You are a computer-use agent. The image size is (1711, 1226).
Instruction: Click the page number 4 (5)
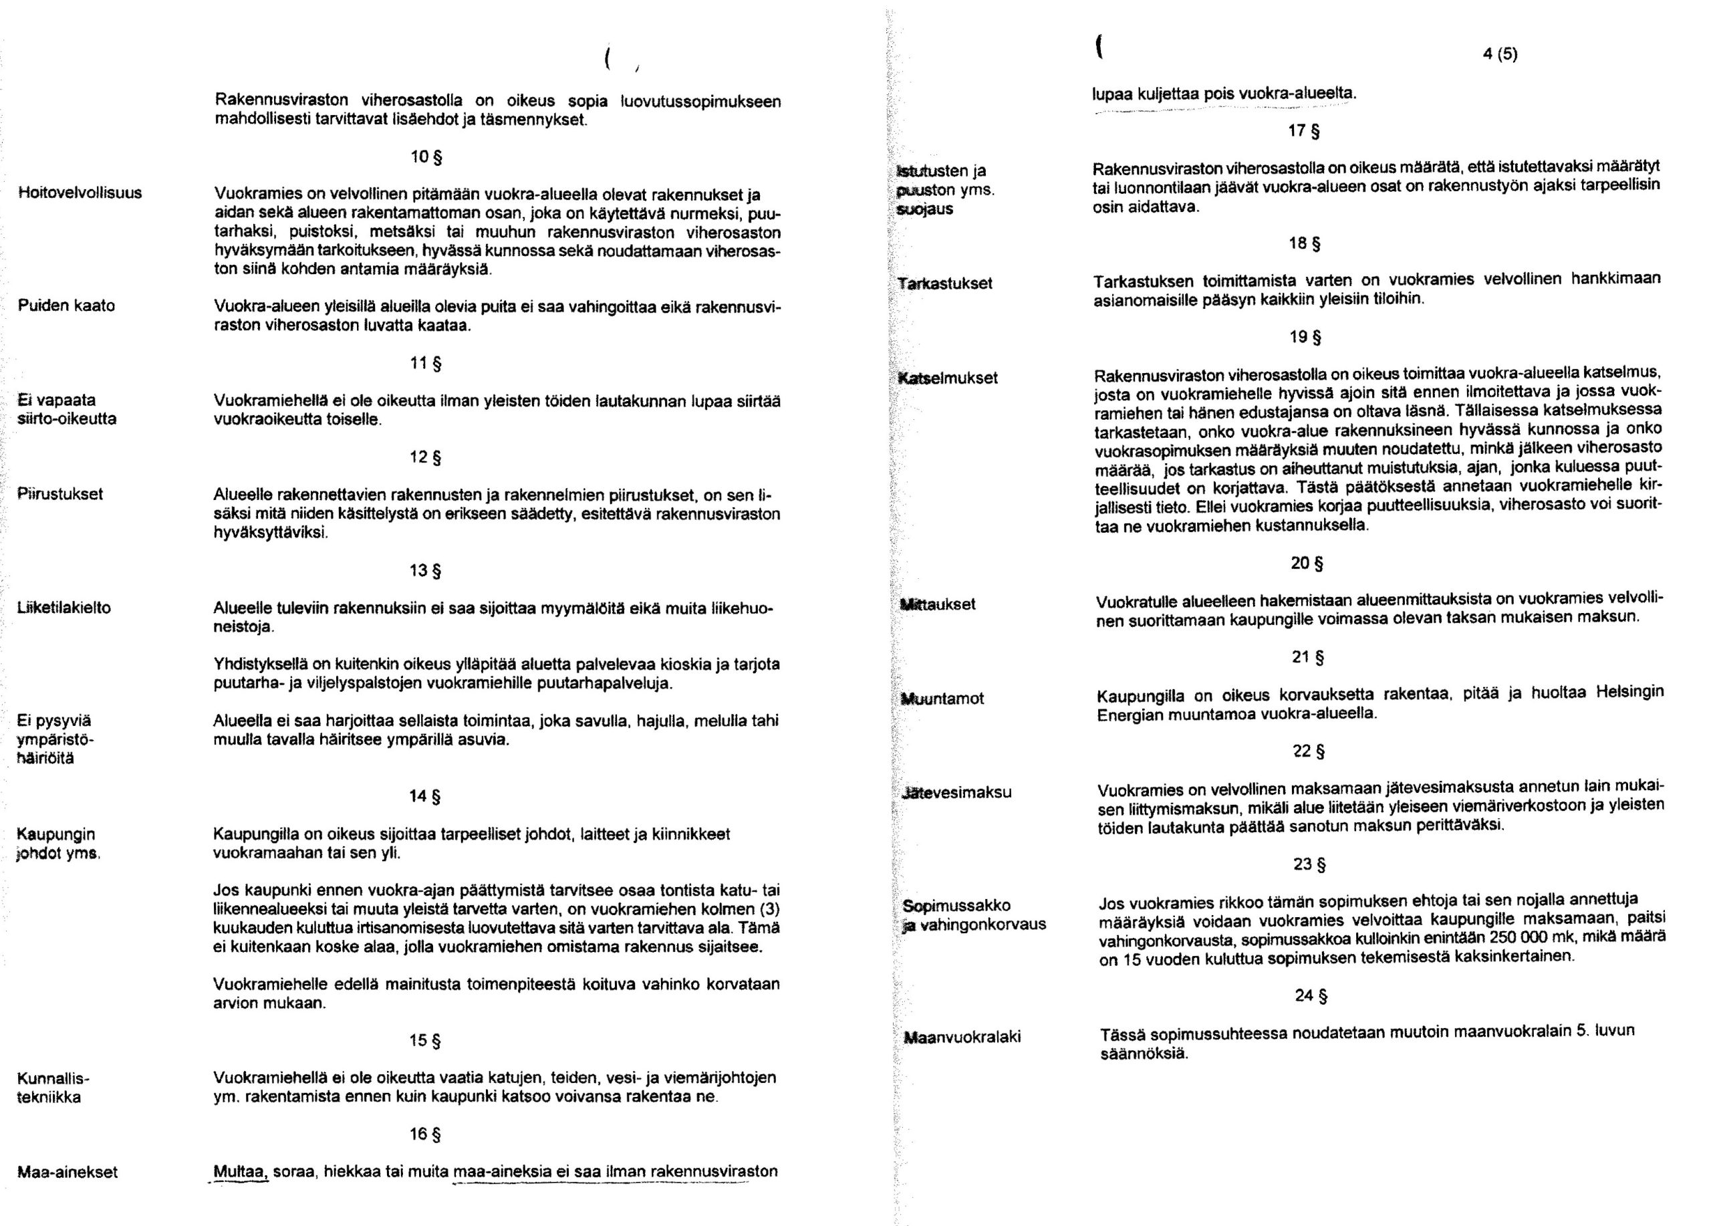coord(1498,55)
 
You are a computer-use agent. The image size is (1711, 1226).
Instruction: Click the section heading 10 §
coord(426,158)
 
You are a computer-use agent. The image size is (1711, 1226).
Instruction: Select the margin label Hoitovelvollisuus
coord(80,193)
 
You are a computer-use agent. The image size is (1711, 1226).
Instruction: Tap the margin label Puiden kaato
coord(66,305)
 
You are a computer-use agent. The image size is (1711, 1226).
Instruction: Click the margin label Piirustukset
coord(60,494)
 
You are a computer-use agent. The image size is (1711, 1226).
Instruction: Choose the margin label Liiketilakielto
coord(64,608)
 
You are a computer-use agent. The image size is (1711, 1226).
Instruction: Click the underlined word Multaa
coord(241,1172)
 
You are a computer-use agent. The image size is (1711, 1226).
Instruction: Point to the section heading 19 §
coord(1305,337)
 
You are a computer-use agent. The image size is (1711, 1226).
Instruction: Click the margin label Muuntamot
coord(943,699)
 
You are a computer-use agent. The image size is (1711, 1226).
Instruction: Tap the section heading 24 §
coord(1311,996)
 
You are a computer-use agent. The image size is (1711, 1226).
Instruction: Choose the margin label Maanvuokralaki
coord(962,1037)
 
